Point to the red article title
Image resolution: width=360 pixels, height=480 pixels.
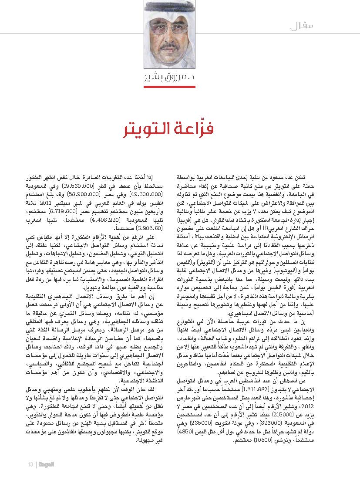[x=180, y=130]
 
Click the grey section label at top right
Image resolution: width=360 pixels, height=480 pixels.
[x=302, y=26]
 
